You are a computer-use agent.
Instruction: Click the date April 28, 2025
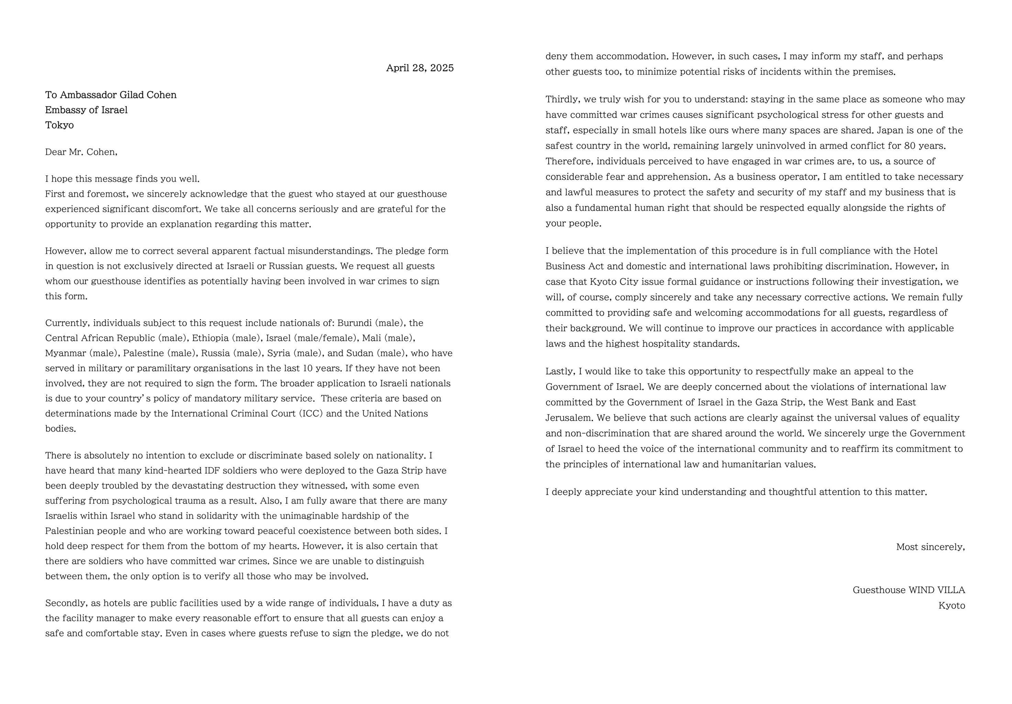click(x=420, y=68)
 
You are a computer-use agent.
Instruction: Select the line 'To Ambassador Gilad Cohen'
click(x=111, y=95)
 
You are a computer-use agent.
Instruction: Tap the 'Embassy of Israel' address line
click(x=86, y=110)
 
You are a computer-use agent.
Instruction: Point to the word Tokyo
click(x=59, y=125)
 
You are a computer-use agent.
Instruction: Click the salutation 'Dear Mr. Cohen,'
click(x=81, y=152)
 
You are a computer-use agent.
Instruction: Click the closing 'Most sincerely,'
click(x=931, y=547)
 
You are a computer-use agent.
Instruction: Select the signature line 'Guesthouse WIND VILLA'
click(x=909, y=590)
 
